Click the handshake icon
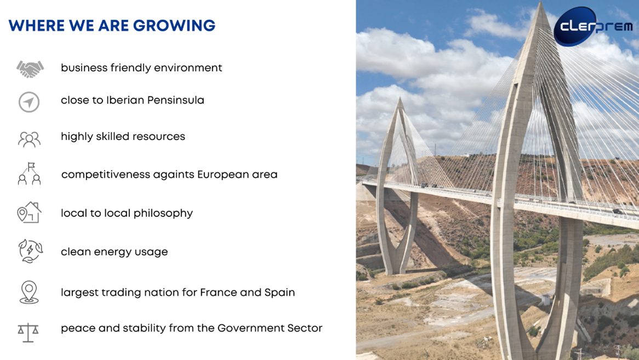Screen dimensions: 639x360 (x=30, y=69)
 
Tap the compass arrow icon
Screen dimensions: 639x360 (x=29, y=102)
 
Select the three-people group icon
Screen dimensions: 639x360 (x=29, y=139)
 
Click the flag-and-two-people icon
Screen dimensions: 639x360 (x=30, y=174)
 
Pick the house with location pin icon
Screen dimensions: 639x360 (x=29, y=213)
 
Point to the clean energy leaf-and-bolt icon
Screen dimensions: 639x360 (x=30, y=251)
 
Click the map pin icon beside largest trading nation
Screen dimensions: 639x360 (x=29, y=292)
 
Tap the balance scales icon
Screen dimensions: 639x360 (x=28, y=332)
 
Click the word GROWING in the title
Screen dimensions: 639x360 (x=174, y=26)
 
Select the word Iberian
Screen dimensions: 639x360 (x=125, y=100)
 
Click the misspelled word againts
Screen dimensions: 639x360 (x=173, y=175)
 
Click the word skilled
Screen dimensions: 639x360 (x=112, y=136)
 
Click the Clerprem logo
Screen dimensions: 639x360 (x=594, y=26)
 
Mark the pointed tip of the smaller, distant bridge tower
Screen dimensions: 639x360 (x=400, y=98)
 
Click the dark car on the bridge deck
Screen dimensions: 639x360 (x=617, y=212)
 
